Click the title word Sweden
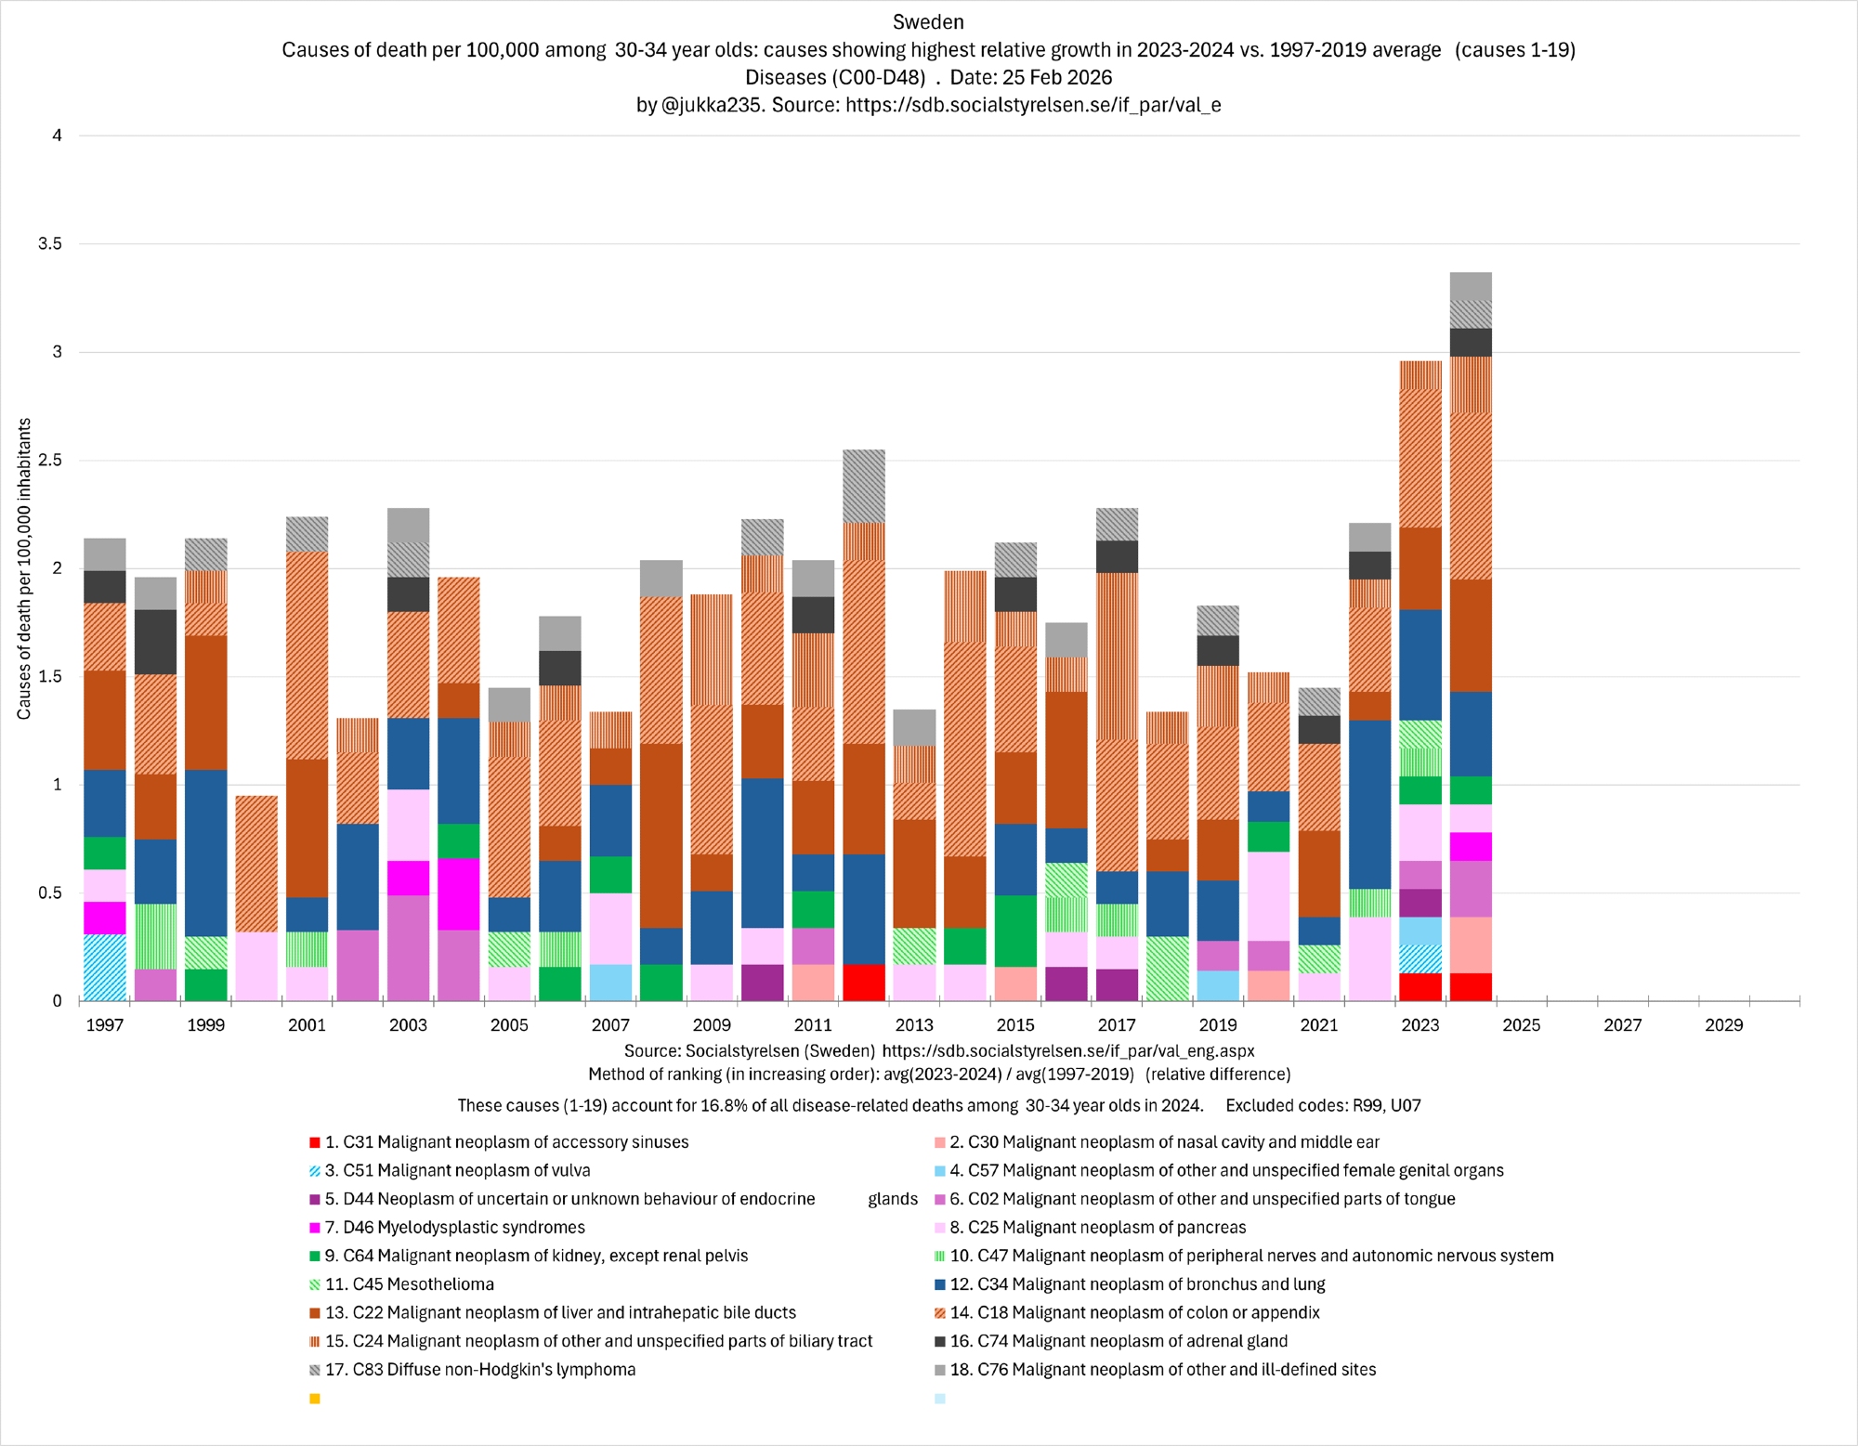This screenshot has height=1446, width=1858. click(928, 22)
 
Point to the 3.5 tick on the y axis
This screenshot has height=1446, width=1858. click(50, 244)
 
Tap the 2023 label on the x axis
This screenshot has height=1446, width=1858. click(1420, 1025)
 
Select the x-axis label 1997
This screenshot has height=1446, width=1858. click(105, 1025)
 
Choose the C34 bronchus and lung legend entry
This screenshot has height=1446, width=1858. click(1151, 1284)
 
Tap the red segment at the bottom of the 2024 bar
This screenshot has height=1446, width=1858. click(1471, 987)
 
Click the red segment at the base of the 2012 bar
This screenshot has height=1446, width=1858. click(863, 983)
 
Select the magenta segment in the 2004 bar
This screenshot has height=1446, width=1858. click(458, 894)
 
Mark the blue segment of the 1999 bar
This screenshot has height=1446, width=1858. click(205, 853)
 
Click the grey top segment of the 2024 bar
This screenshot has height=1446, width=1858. click(1471, 286)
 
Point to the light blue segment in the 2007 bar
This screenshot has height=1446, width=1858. click(610, 983)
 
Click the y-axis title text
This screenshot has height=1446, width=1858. click(24, 568)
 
